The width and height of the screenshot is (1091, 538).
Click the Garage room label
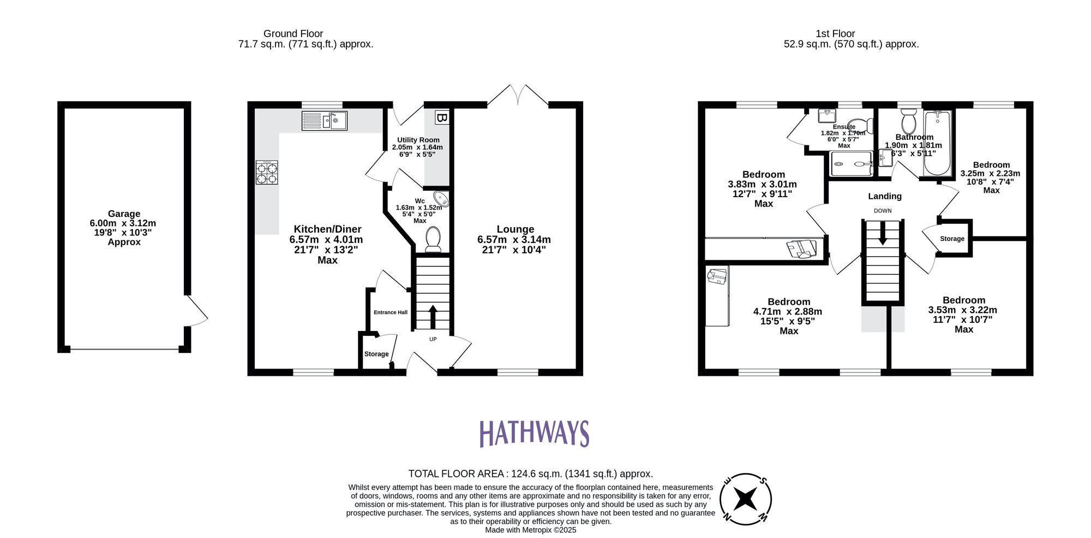(124, 214)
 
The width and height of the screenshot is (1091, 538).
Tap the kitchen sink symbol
(325, 121)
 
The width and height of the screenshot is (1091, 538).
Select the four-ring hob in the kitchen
(267, 173)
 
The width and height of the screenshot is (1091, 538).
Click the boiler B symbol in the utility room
(441, 117)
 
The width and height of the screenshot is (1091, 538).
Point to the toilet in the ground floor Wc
(433, 240)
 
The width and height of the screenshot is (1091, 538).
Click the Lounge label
(515, 229)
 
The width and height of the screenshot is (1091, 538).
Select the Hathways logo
(534, 434)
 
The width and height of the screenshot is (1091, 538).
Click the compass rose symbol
(745, 499)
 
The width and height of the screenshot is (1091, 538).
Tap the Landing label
(885, 196)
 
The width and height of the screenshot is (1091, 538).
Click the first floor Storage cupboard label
(952, 239)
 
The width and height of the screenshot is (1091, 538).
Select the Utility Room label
(418, 140)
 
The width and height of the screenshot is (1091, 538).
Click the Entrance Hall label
(391, 312)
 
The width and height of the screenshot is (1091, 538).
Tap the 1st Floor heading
(835, 34)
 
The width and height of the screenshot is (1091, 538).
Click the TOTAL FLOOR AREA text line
(530, 474)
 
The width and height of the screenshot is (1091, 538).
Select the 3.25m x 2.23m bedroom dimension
(990, 174)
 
